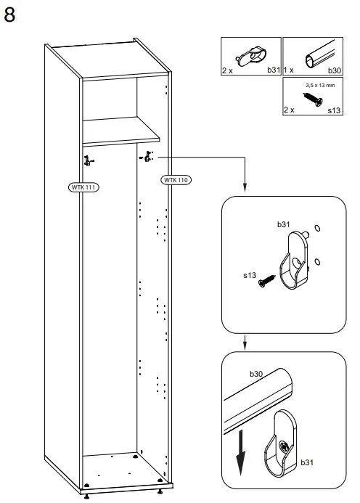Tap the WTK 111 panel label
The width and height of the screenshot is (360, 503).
point(83,187)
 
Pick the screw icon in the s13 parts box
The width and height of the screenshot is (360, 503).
point(314,97)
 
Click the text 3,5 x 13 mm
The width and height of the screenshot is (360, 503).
point(319,84)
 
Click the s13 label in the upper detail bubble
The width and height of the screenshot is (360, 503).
point(249,275)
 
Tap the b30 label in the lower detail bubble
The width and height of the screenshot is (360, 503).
point(256,374)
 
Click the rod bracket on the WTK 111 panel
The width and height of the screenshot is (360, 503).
point(88,160)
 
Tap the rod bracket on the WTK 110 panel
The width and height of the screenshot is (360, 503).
point(148,156)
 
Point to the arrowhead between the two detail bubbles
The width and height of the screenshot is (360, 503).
point(246,345)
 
